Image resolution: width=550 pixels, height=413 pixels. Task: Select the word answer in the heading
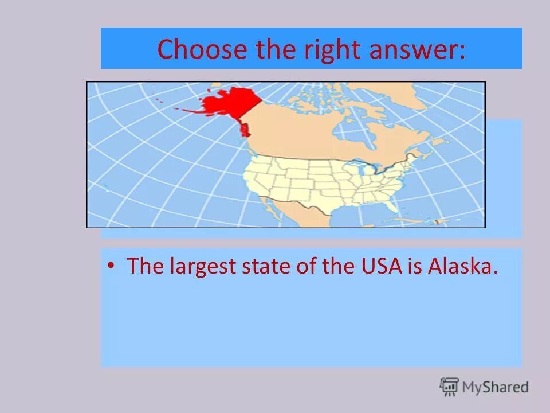412,50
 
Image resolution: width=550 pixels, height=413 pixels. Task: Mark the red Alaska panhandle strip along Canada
245,129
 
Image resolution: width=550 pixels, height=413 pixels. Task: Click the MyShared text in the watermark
495,387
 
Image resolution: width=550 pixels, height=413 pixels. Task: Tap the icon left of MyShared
449,387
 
